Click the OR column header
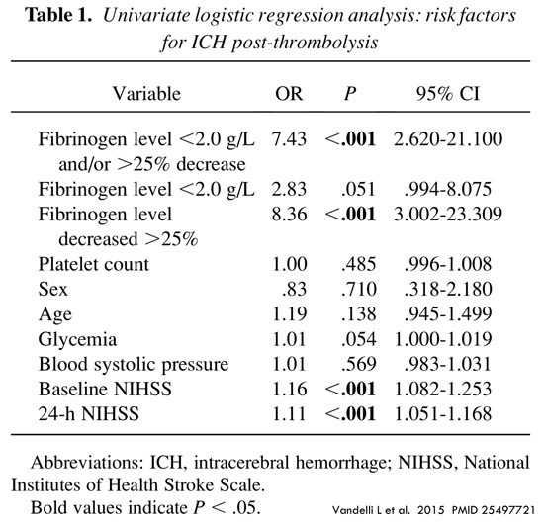tap(289, 94)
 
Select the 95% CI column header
tap(448, 94)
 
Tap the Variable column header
tap(146, 94)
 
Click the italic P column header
tap(350, 94)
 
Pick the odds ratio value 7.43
tap(289, 139)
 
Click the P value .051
tap(358, 189)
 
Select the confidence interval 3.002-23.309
tap(448, 215)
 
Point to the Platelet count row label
tap(94, 264)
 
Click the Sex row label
tap(52, 289)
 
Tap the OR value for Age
tap(290, 314)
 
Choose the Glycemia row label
tap(77, 339)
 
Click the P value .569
tap(358, 364)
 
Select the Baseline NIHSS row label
tap(105, 389)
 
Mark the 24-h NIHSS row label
tap(88, 413)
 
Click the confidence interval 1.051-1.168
tap(443, 413)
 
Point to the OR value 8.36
tap(289, 215)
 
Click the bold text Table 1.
tap(59, 15)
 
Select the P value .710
tap(358, 289)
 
